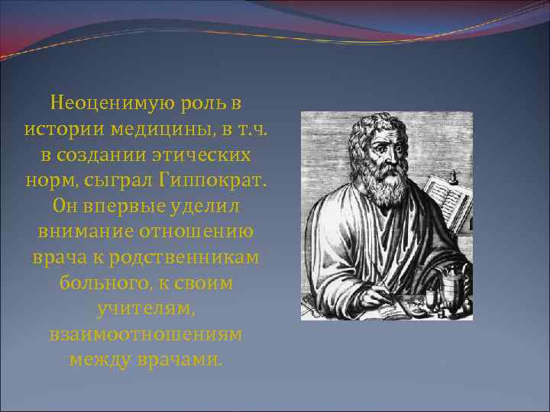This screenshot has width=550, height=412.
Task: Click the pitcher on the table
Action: (x=449, y=286)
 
